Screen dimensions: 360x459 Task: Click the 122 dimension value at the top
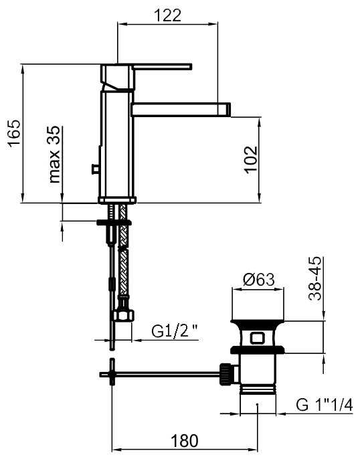click(167, 15)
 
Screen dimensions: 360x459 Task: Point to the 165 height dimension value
click(14, 132)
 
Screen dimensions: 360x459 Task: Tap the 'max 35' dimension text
click(54, 155)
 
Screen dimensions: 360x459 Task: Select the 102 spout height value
click(251, 160)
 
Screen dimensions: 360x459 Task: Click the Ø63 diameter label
click(259, 280)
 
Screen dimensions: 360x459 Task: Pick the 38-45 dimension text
click(315, 278)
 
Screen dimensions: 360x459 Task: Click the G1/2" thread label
click(175, 331)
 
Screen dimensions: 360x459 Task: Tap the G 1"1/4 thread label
click(325, 405)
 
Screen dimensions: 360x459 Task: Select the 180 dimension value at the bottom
click(185, 440)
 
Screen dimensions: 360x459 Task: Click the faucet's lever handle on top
click(162, 66)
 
